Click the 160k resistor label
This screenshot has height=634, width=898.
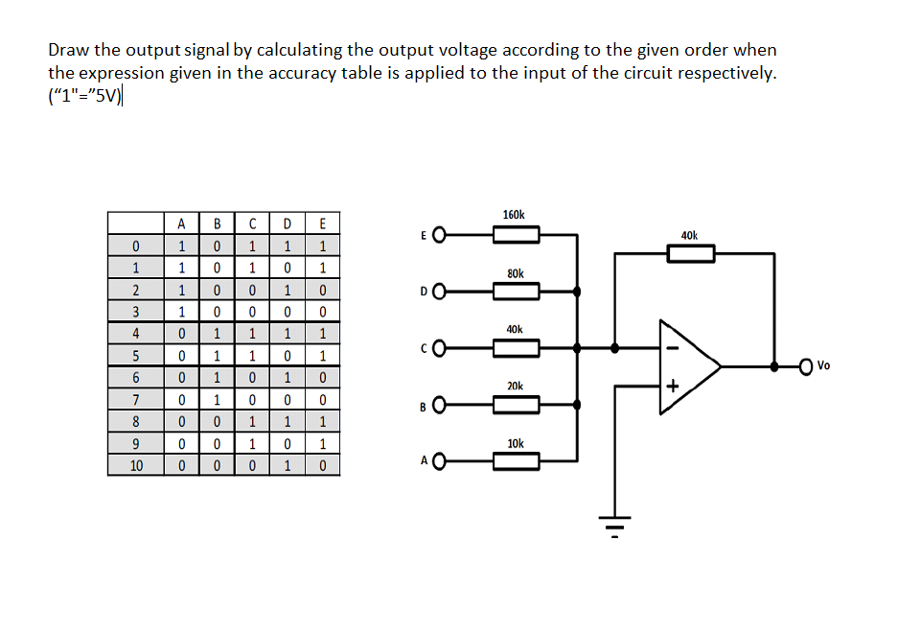pyautogui.click(x=514, y=215)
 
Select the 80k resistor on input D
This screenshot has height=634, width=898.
pyautogui.click(x=518, y=291)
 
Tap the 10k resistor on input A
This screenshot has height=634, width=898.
pyautogui.click(x=518, y=461)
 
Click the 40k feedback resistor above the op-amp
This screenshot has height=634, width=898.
pyautogui.click(x=690, y=253)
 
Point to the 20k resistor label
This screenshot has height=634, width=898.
pyautogui.click(x=515, y=386)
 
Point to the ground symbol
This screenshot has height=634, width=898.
pyautogui.click(x=614, y=526)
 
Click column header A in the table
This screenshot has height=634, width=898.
pyautogui.click(x=181, y=224)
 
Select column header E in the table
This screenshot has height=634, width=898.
pyautogui.click(x=322, y=224)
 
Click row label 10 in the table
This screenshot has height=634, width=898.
pyautogui.click(x=136, y=466)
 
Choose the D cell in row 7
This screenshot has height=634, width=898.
pyautogui.click(x=287, y=398)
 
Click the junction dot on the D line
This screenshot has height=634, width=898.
pyautogui.click(x=577, y=291)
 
